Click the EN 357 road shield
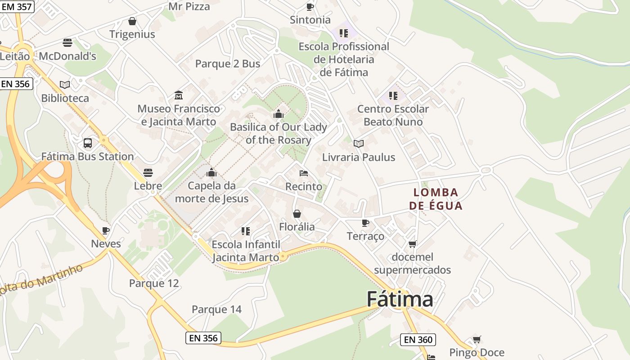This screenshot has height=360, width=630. tap(16, 7)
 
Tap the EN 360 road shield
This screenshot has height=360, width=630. tap(418, 340)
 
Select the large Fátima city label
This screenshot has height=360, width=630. tap(400, 299)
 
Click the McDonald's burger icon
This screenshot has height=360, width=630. tap(67, 43)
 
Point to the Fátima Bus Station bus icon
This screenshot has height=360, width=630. tap(88, 143)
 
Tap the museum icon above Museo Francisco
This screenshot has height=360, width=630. tap(179, 95)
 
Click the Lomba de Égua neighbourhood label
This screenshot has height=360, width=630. tap(436, 199)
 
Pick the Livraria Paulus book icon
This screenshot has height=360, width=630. tap(359, 144)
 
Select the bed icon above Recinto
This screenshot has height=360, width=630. tap(304, 173)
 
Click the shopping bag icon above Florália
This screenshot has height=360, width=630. tap(297, 213)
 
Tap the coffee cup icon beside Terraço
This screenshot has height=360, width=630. tap(365, 223)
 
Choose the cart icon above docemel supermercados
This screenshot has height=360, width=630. tap(412, 244)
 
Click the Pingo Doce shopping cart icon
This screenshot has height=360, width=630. tap(477, 339)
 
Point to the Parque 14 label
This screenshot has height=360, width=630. tap(216, 310)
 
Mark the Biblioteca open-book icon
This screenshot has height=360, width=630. tap(65, 85)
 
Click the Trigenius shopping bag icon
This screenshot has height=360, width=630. tap(132, 21)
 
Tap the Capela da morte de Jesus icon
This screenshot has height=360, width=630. tap(211, 172)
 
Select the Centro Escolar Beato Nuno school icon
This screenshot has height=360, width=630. tap(393, 95)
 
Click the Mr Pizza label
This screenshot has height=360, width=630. tap(189, 6)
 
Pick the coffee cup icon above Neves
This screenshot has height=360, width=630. tap(106, 230)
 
